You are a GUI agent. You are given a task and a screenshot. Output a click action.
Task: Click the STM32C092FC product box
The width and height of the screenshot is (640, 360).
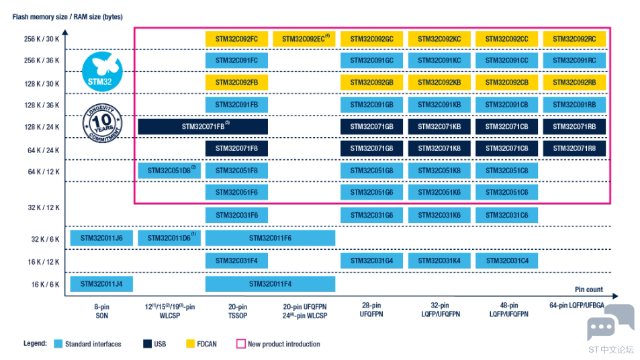click(x=237, y=39)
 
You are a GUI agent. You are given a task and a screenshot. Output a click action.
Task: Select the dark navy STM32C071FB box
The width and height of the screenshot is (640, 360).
click(x=203, y=126)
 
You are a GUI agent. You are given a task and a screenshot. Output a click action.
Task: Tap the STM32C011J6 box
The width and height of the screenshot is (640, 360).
click(x=101, y=238)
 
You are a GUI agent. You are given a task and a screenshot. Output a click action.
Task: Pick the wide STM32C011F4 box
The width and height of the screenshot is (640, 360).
click(x=270, y=284)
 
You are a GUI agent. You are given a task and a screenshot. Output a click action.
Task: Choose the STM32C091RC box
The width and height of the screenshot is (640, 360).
click(x=574, y=60)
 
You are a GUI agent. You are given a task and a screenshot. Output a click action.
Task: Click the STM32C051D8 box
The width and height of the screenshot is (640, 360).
click(x=169, y=171)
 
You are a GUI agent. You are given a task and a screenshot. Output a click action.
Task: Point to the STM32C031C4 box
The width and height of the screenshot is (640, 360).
click(x=507, y=261)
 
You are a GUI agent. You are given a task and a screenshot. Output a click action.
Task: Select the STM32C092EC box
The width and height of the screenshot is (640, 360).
click(x=304, y=39)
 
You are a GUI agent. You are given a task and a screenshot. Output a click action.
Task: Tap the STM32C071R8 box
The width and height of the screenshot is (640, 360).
click(x=574, y=148)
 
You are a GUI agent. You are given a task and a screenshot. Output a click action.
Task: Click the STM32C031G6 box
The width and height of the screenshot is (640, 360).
click(x=372, y=215)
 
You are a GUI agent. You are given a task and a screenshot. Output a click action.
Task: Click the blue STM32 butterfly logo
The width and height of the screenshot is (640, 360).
click(x=102, y=71)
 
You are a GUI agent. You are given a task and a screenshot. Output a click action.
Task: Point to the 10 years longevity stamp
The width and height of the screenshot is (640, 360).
click(x=102, y=123)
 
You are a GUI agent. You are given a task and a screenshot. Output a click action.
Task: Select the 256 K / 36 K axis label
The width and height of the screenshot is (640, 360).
click(x=42, y=60)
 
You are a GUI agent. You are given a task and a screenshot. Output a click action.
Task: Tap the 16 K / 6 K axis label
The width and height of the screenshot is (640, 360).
click(x=45, y=285)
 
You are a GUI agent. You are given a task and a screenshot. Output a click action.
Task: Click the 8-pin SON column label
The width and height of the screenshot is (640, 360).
click(x=102, y=311)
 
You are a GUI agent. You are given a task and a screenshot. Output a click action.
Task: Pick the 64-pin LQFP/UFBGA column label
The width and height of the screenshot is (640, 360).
click(x=576, y=306)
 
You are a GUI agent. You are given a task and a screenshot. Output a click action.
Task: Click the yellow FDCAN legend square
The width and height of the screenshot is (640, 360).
click(x=190, y=344)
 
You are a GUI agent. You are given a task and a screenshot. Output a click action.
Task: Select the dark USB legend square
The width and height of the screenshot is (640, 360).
click(x=147, y=344)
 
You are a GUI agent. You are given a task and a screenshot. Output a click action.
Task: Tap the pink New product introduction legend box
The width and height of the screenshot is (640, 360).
click(x=241, y=344)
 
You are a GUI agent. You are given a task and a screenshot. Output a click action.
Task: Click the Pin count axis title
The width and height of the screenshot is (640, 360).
click(x=588, y=289)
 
